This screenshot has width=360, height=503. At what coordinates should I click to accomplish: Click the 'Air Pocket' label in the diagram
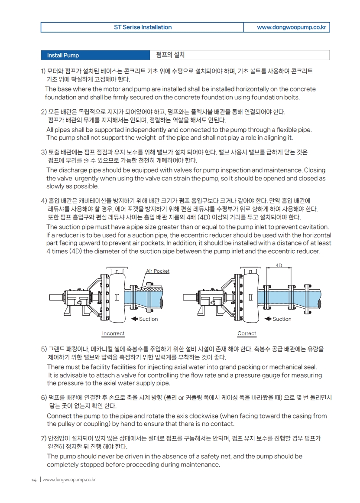click(x=158, y=271)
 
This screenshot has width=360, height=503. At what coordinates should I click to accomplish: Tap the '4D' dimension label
click(x=279, y=265)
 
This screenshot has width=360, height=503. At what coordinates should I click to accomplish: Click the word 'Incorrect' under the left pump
click(x=113, y=333)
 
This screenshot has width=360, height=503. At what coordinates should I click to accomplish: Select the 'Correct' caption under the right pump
click(x=247, y=333)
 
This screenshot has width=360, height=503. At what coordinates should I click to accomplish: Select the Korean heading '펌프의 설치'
click(x=170, y=55)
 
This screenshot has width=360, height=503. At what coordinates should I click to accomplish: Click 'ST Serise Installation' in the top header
click(x=143, y=27)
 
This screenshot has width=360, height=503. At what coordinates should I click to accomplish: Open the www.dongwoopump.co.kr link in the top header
click(x=291, y=27)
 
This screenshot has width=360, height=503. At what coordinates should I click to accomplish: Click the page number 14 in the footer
click(x=34, y=480)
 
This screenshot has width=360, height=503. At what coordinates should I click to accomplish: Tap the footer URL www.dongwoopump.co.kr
click(x=69, y=480)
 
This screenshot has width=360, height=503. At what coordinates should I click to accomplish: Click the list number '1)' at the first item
click(x=43, y=71)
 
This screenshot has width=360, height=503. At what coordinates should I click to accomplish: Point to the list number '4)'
click(x=43, y=200)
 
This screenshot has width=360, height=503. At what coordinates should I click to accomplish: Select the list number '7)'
click(x=43, y=438)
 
